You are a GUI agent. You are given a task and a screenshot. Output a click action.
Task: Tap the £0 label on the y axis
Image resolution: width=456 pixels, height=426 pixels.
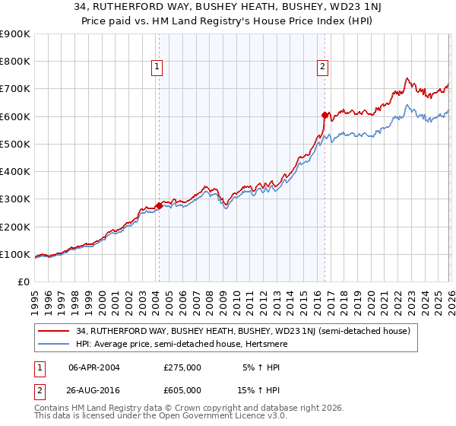pyautogui.click(x=24, y=282)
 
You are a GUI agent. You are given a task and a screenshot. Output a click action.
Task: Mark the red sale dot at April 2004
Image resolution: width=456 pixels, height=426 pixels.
pyautogui.click(x=159, y=205)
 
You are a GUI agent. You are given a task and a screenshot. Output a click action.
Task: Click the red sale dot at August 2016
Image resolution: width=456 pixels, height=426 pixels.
pyautogui.click(x=325, y=115)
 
